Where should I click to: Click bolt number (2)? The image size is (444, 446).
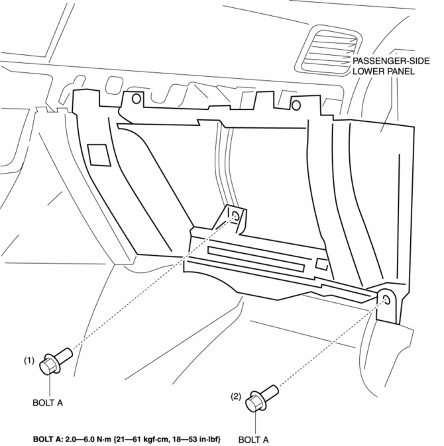[x=262, y=398]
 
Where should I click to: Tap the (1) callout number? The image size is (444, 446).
[x=28, y=361]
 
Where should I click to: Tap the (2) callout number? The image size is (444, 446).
[x=236, y=396]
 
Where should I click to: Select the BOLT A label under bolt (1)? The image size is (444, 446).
[x=48, y=402]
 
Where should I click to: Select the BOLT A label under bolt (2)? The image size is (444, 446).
[x=253, y=439]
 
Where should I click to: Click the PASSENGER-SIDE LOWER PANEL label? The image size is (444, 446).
[x=391, y=66]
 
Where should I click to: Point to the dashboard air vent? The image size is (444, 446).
[x=327, y=50]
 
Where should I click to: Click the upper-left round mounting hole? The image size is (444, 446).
[x=137, y=99]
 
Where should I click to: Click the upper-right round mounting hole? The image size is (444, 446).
[x=296, y=105]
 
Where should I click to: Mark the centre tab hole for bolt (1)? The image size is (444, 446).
[x=235, y=216]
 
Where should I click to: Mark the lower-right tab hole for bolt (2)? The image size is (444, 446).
[x=386, y=300]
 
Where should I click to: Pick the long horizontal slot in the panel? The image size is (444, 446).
[x=256, y=259]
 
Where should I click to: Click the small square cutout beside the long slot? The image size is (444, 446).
[x=321, y=264]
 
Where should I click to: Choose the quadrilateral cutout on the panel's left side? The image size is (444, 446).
[x=99, y=154]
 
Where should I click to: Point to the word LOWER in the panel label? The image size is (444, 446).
[x=368, y=71]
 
